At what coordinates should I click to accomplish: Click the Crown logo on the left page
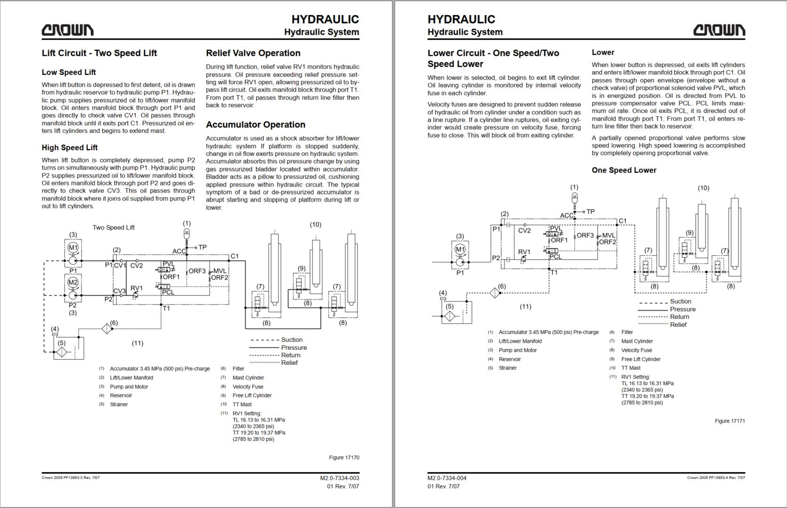click(67, 30)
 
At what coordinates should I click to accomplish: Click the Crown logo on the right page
click(719, 30)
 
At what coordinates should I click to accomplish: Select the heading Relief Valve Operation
click(253, 53)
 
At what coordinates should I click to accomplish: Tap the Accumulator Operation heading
click(255, 125)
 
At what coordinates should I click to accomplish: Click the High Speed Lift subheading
click(70, 148)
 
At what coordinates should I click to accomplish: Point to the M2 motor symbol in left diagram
click(73, 282)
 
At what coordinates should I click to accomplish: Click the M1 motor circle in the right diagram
click(460, 250)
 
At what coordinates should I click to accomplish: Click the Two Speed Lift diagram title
click(114, 227)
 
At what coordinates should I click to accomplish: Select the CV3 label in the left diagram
click(119, 291)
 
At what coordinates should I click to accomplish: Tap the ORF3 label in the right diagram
click(585, 235)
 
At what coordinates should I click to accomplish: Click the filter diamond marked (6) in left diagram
click(107, 328)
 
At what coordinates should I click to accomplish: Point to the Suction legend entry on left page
click(292, 340)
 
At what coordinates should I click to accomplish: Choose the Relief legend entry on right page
click(678, 325)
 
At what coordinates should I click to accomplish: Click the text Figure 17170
click(344, 458)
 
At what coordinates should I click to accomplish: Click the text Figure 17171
click(730, 421)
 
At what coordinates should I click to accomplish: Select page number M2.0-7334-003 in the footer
click(339, 478)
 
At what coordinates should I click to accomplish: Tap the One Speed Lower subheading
click(624, 170)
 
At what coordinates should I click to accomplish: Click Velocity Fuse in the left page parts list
click(248, 387)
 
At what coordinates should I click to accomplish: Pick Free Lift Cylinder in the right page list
click(641, 359)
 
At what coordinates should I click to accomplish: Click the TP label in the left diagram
click(202, 247)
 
